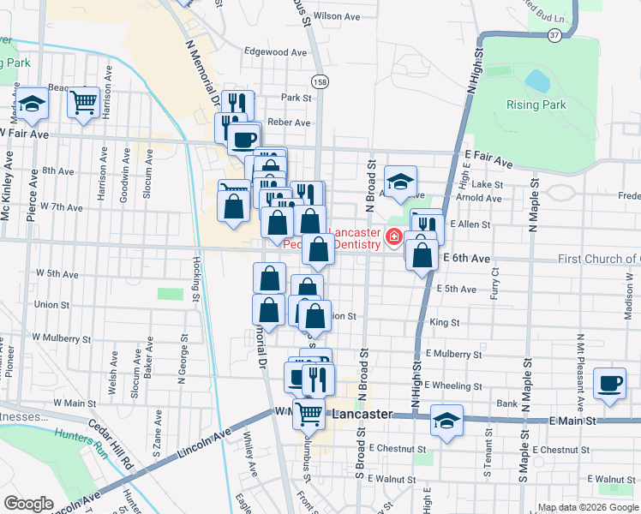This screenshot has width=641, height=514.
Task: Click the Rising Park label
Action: coord(536,105)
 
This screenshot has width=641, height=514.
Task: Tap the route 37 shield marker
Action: coord(556,35)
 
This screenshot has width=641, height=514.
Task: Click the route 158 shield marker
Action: coord(320,81)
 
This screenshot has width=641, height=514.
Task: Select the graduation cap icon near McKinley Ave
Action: coord(33,104)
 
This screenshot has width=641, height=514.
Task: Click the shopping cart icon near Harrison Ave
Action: coord(83,104)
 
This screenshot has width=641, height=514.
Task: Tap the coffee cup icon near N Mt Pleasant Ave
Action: coord(609,383)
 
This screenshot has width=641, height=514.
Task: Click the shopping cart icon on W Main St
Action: coord(309,414)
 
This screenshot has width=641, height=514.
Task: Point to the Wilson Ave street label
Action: coord(337,16)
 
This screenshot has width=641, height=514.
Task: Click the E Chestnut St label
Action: coord(562,449)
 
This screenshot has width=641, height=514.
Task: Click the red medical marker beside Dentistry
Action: coord(393,237)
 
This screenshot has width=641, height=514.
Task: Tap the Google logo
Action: coord(28,504)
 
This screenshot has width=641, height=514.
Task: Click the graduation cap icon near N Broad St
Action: coord(399,181)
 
